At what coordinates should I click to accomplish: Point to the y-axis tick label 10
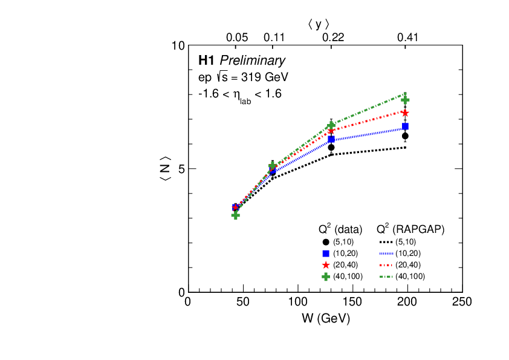(x=178, y=47)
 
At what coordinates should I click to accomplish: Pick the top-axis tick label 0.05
(x=237, y=38)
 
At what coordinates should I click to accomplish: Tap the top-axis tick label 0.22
(x=332, y=38)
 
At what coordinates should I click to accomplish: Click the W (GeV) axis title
(x=325, y=318)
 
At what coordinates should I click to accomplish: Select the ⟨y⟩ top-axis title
(x=318, y=24)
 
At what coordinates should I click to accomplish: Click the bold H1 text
(x=207, y=61)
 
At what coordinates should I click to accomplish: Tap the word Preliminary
(x=252, y=61)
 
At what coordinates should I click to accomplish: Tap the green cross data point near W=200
(x=405, y=100)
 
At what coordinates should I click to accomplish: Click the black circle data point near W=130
(x=331, y=147)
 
